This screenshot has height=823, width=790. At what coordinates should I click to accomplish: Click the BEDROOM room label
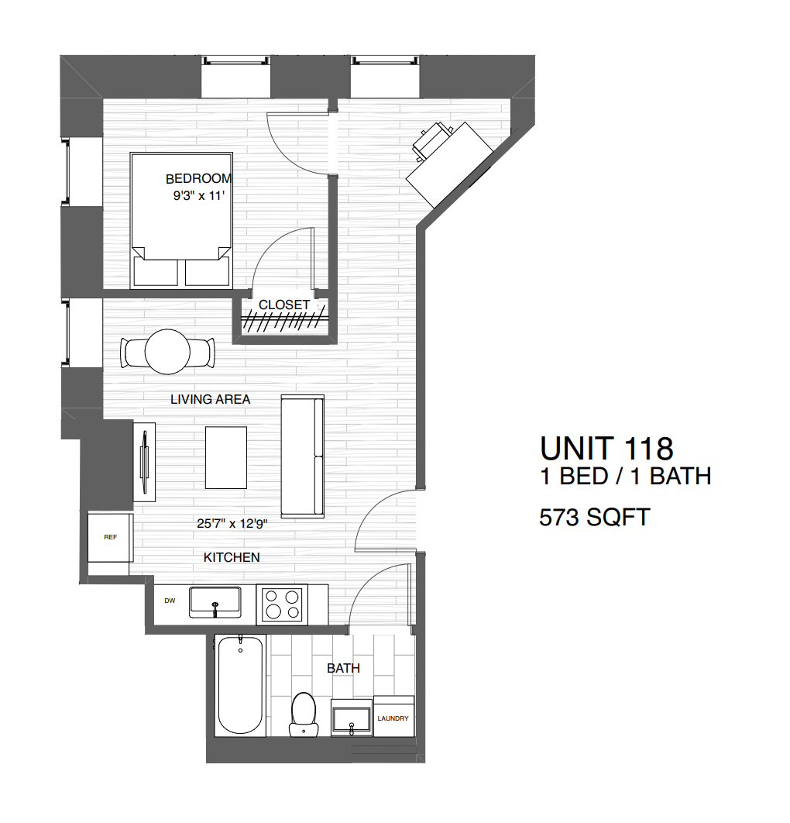198,179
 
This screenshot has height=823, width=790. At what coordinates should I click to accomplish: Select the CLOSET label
284,305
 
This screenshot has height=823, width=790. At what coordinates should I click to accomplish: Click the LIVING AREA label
211,400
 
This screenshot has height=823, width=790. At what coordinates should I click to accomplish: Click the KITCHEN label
232,557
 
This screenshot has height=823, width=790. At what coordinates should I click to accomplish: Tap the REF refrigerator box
110,537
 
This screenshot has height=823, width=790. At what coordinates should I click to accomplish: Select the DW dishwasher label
169,601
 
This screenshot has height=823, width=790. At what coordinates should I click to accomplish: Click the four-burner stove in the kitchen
282,604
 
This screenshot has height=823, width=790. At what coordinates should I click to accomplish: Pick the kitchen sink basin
215,602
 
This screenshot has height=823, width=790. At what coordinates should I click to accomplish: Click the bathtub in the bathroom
240,685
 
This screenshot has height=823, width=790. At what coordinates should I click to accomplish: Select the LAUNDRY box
393,718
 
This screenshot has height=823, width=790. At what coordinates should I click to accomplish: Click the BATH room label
343,668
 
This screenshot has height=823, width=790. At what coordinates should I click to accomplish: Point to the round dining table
168,353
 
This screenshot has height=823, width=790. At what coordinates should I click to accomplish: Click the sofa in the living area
302,456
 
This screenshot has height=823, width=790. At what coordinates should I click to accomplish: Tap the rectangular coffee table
226,457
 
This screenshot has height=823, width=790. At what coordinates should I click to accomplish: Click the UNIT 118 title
606,449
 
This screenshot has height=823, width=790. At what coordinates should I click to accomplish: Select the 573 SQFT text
594,517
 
